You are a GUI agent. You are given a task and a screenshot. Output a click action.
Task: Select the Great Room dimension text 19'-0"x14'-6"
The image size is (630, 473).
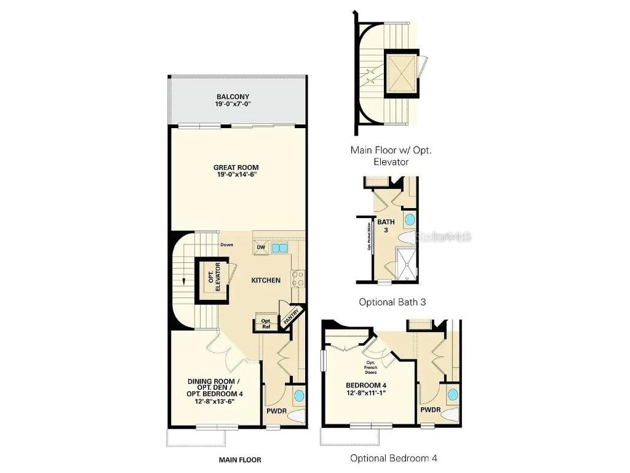tap(236, 175)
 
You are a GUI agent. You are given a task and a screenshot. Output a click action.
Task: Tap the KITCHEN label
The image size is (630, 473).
tap(266, 280)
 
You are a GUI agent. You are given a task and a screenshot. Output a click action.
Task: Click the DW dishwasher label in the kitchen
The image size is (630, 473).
tap(261, 248)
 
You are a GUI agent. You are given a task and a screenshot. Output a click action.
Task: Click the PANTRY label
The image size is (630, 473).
tap(292, 316)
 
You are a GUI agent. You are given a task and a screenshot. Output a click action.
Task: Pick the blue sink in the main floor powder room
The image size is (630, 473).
tap(298, 395)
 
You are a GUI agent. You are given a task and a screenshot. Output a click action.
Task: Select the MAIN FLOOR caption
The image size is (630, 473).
tap(240, 459)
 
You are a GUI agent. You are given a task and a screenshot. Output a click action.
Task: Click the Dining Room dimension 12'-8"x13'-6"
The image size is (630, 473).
tap(211, 401)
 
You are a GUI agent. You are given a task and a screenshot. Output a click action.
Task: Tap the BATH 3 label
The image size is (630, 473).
tap(386, 225)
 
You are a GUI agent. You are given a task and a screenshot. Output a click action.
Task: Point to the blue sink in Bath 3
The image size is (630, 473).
tap(409, 220)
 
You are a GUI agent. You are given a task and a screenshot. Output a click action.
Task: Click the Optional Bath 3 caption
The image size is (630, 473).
tap(393, 302)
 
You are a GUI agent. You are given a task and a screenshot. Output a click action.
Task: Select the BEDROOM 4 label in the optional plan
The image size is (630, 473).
tap(365, 386)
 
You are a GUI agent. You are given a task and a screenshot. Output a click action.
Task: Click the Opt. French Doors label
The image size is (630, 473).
tap(371, 368)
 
